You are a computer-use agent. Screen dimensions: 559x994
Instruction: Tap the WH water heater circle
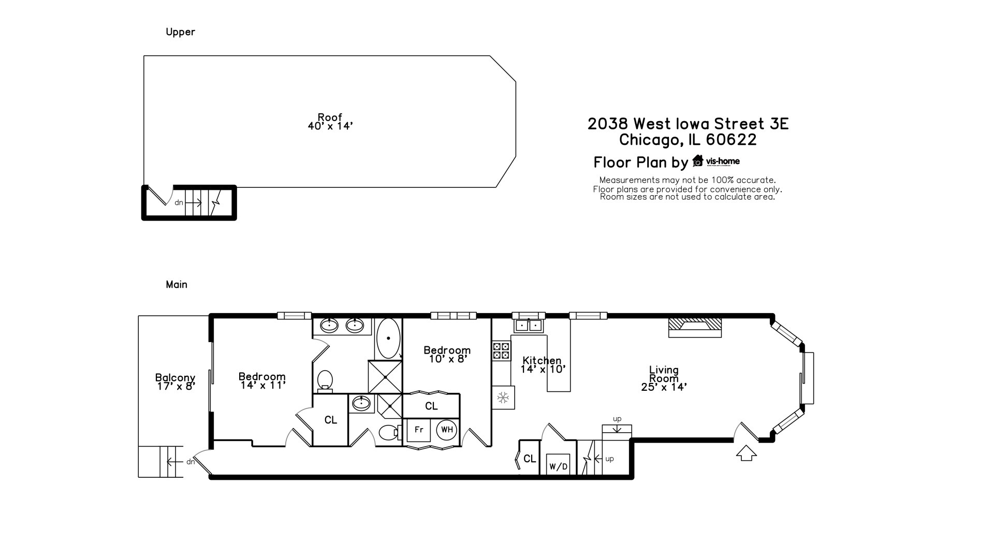click(447, 430)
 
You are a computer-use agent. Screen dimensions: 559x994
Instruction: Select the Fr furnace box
click(419, 430)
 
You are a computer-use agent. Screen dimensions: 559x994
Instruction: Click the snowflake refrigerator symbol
click(503, 398)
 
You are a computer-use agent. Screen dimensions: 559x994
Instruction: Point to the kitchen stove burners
click(501, 350)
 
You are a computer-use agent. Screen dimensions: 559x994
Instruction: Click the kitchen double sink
click(528, 325)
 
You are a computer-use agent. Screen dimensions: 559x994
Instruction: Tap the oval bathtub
click(388, 339)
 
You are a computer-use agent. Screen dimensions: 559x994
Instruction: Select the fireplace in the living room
click(695, 326)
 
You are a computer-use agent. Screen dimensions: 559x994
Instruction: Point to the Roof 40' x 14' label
click(330, 122)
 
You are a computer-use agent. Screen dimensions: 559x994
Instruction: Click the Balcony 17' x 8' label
click(176, 382)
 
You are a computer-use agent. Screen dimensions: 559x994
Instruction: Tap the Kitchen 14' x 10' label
click(543, 365)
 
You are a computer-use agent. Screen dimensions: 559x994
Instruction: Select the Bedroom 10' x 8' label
click(447, 355)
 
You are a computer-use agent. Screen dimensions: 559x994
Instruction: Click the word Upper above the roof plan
click(180, 32)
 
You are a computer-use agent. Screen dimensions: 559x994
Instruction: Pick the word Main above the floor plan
click(177, 285)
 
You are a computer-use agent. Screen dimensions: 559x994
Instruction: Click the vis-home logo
click(717, 161)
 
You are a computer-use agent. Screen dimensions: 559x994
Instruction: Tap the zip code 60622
click(731, 140)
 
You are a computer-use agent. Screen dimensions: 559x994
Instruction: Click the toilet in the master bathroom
click(325, 380)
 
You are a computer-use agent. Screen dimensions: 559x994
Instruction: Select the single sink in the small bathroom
click(360, 403)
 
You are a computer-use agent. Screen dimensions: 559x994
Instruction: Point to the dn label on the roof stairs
click(179, 203)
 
